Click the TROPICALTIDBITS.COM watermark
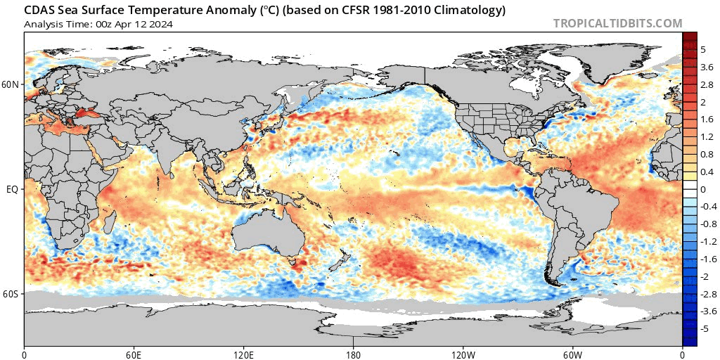click(617, 23)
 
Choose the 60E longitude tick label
click(134, 353)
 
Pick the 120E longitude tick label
click(243, 353)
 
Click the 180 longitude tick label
click(353, 353)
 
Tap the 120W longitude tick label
click(463, 353)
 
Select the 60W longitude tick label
click(572, 353)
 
